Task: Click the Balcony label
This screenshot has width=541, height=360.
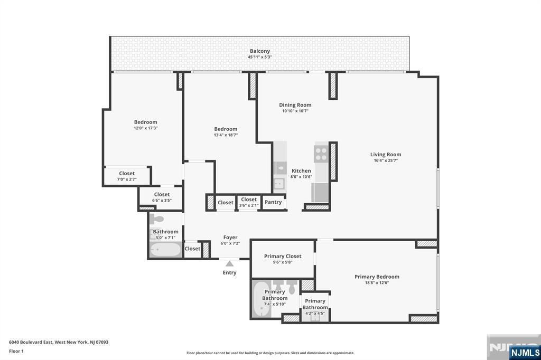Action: [259, 51]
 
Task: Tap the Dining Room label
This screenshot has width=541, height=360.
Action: [295, 105]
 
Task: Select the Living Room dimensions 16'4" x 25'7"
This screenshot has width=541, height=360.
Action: [386, 160]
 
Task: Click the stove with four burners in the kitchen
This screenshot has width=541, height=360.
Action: [321, 154]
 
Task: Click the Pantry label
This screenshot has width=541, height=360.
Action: [273, 202]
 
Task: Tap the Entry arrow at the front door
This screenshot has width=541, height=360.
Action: [229, 263]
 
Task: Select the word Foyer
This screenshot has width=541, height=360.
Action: [230, 238]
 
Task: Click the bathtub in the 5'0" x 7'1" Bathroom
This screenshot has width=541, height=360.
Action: [165, 250]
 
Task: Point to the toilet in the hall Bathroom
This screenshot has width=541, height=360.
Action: [157, 219]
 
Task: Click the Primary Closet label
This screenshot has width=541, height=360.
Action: [283, 257]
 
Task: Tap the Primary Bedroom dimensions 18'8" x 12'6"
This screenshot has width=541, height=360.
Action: [377, 283]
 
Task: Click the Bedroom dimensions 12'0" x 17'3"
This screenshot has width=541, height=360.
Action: [145, 128]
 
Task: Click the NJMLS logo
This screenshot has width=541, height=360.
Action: [525, 352]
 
